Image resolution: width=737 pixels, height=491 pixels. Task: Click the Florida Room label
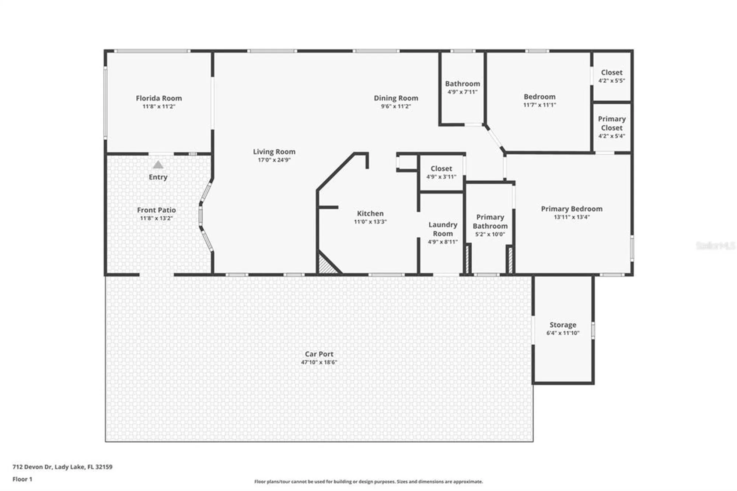click(x=159, y=98)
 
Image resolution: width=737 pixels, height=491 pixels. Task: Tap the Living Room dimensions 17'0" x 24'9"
click(x=274, y=160)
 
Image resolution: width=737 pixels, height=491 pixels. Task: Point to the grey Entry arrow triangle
click(x=158, y=165)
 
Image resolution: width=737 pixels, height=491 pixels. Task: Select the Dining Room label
click(x=396, y=98)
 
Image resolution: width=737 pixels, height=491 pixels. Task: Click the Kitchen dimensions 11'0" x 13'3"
click(x=370, y=222)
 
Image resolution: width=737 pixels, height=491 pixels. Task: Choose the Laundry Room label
click(x=443, y=229)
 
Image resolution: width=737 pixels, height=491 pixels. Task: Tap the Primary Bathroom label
click(x=490, y=222)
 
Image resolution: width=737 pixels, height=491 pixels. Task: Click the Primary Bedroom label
click(x=572, y=209)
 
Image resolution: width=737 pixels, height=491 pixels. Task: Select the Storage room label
click(x=563, y=325)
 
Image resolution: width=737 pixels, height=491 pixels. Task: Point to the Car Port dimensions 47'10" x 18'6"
click(x=319, y=362)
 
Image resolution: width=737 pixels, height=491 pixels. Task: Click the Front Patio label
click(x=156, y=210)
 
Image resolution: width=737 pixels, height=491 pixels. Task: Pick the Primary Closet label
click(x=612, y=123)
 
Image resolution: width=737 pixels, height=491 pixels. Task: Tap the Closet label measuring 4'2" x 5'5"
click(x=612, y=73)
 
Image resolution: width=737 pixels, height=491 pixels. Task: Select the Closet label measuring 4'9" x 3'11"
click(x=441, y=168)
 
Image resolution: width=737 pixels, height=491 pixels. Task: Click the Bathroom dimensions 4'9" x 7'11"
click(x=462, y=92)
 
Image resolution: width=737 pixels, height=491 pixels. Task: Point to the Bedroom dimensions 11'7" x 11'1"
click(x=539, y=105)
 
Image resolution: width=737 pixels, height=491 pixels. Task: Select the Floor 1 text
click(x=22, y=479)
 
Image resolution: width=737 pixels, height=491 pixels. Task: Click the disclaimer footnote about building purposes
click(x=368, y=481)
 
